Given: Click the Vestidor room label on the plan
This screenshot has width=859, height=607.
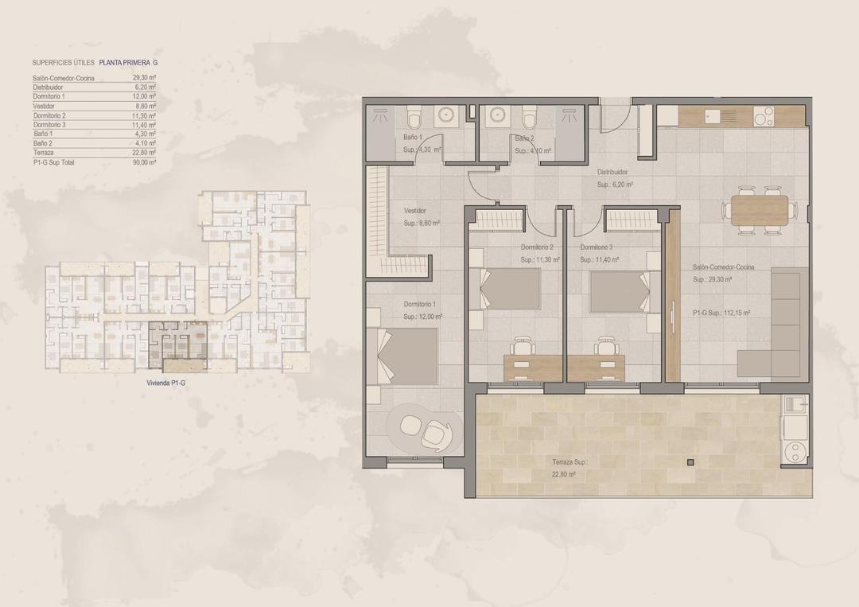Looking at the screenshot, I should pyautogui.click(x=415, y=211).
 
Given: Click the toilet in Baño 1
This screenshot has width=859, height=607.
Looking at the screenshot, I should pyautogui.click(x=412, y=119).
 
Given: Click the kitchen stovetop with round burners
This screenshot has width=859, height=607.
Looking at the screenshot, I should pyautogui.click(x=762, y=117).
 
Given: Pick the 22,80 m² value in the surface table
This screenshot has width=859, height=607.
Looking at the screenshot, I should pyautogui.click(x=144, y=153).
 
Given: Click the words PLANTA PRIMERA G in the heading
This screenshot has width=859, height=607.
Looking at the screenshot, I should pyautogui.click(x=134, y=62).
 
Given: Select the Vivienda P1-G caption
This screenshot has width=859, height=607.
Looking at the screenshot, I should pyautogui.click(x=166, y=383).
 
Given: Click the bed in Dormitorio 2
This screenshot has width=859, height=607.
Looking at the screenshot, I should pyautogui.click(x=508, y=288).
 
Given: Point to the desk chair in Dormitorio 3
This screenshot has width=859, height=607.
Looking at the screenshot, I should pyautogui.click(x=606, y=346).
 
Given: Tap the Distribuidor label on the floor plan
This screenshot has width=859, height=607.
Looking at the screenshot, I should pyautogui.click(x=612, y=172).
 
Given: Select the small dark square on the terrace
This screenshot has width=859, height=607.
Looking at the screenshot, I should pyautogui.click(x=690, y=461).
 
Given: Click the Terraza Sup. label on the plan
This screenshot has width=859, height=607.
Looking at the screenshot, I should pyautogui.click(x=569, y=462).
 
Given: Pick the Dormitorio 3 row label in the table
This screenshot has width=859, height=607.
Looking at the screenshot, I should pyautogui.click(x=49, y=125).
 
